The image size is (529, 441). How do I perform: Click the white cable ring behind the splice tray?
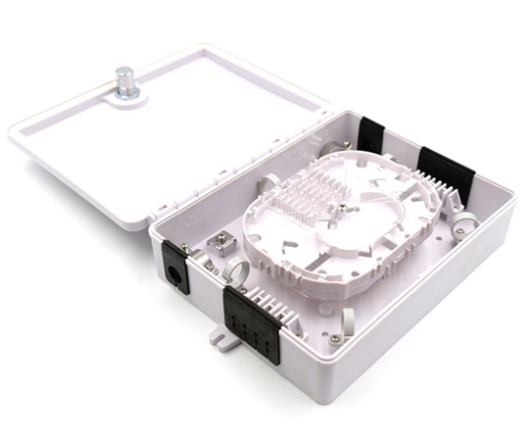(268, 182)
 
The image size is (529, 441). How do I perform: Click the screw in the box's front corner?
(336, 338)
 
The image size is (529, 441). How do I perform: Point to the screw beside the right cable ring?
(457, 231)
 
